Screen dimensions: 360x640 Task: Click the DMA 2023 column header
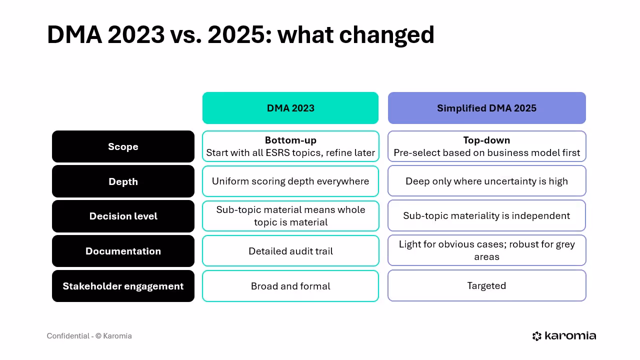[x=290, y=108]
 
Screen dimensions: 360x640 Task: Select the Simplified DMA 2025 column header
[x=486, y=108]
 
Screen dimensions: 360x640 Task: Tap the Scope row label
[x=123, y=146]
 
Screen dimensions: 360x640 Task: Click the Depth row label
[x=123, y=181]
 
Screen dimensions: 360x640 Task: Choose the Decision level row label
[x=123, y=216]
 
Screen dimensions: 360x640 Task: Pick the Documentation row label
[x=123, y=251]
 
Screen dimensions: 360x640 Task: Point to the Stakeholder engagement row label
[x=123, y=286]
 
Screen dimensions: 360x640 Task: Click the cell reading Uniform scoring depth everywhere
[x=290, y=181]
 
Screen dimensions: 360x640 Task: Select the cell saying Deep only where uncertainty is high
[x=486, y=181]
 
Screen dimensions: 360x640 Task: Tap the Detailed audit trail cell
[x=290, y=251]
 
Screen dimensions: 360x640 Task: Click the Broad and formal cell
[x=290, y=286]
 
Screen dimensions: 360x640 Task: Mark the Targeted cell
[x=486, y=285]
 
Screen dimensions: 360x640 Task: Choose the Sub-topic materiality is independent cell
[x=486, y=215]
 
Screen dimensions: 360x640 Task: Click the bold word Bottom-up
[x=290, y=140]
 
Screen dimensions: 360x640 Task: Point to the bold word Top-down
[x=486, y=140]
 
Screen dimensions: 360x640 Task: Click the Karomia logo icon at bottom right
[x=537, y=336]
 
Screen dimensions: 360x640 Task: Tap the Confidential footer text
[x=89, y=336]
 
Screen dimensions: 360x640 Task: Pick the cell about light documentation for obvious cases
[x=486, y=250]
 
